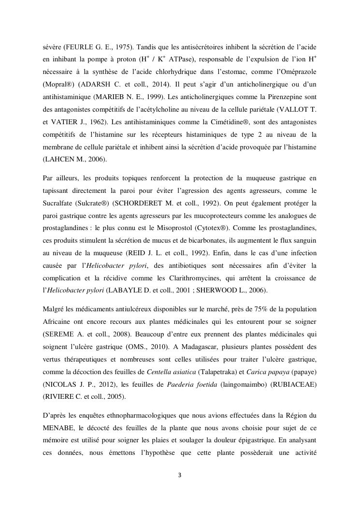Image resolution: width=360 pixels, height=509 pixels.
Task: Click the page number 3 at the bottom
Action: click(x=180, y=475)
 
